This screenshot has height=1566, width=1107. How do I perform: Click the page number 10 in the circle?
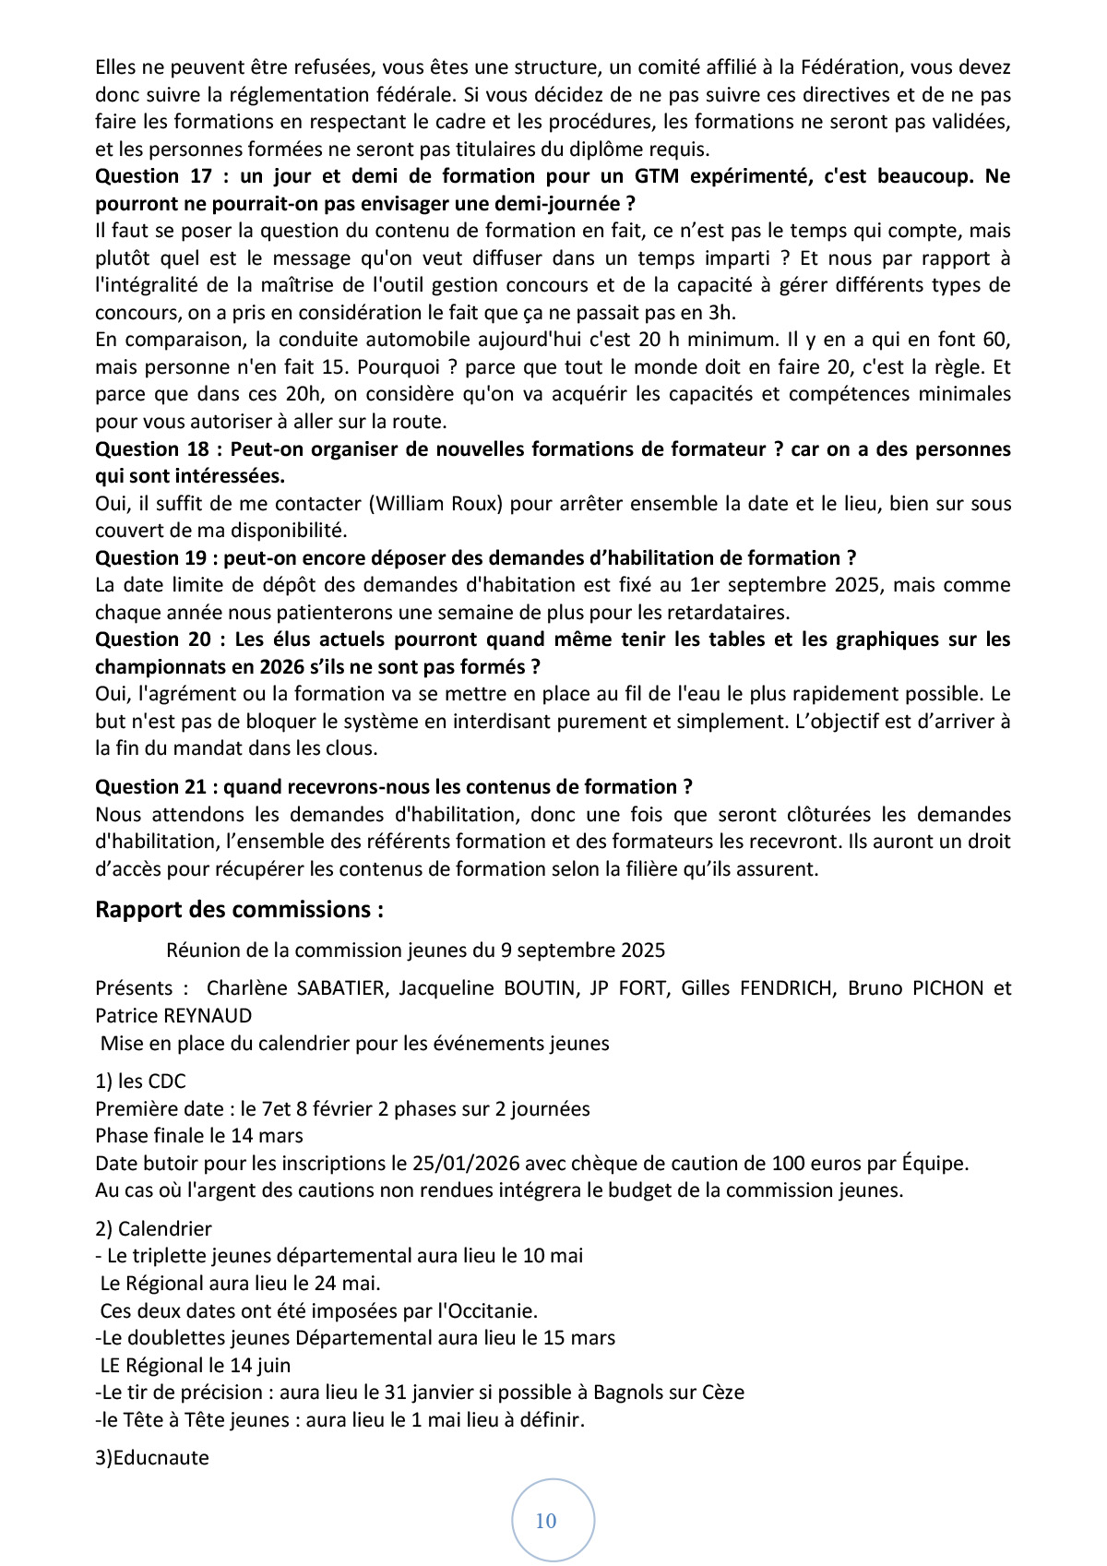tap(546, 1521)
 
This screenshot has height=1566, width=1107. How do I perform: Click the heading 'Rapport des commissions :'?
tap(239, 909)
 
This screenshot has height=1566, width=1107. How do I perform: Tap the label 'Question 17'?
tap(153, 176)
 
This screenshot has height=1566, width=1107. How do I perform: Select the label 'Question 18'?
tap(153, 449)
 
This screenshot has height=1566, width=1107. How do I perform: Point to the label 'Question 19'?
tap(153, 558)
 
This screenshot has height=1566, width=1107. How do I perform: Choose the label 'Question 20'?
tap(153, 640)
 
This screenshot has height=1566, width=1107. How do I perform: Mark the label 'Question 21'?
tap(153, 787)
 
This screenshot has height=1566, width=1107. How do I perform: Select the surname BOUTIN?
tap(539, 988)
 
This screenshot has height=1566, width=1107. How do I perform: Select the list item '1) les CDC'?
tap(140, 1082)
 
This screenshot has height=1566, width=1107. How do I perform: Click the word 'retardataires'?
tap(730, 613)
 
